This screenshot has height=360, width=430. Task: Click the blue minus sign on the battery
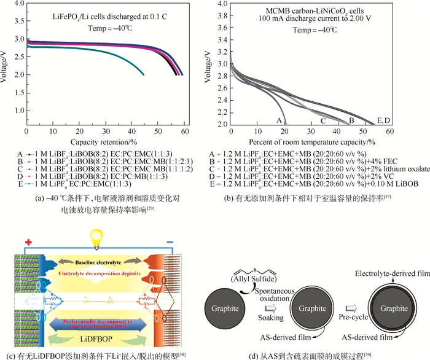click(x=186, y=241)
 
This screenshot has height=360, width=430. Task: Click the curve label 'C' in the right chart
click(x=322, y=121)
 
